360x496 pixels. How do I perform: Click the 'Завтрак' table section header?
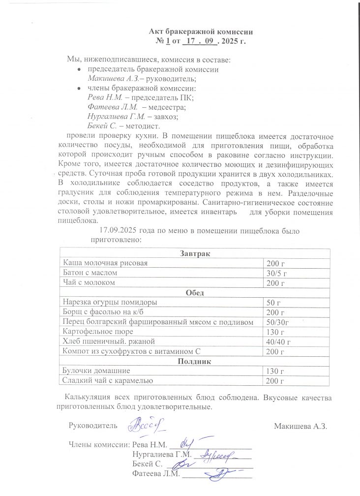tap(195, 253)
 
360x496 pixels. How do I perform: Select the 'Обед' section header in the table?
tap(194, 292)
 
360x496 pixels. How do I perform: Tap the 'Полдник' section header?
tap(194, 361)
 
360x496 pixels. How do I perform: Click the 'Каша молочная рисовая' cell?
tap(106, 263)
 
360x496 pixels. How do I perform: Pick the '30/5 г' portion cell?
tap(276, 273)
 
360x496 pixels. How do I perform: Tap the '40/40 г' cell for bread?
tap(278, 341)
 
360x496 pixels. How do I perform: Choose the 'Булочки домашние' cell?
tap(95, 371)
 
